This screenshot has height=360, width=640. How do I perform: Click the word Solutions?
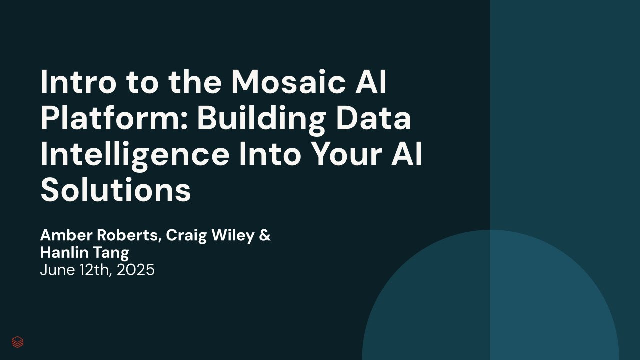click(116, 190)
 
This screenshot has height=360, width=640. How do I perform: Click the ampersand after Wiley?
click(265, 235)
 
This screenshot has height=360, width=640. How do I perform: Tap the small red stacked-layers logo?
click(17, 342)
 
